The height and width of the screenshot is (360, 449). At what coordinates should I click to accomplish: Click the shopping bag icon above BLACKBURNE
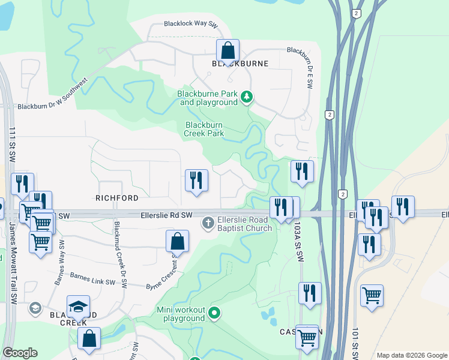click(228, 50)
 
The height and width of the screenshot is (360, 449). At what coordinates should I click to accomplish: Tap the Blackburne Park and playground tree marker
click(246, 97)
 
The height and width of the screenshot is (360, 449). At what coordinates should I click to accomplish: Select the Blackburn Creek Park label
click(204, 129)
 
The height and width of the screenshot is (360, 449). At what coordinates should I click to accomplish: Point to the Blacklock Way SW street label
click(190, 25)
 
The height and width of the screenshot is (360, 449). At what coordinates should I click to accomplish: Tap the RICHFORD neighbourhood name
click(117, 197)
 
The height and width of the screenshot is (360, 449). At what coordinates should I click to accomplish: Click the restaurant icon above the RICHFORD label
click(196, 180)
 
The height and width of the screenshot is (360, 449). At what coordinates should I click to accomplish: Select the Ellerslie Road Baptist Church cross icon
click(208, 223)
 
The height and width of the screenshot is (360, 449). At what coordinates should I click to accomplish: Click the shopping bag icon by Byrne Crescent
click(178, 242)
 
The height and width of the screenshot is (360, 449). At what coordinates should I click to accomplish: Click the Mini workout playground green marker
click(214, 314)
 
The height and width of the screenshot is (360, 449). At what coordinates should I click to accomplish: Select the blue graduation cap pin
click(78, 307)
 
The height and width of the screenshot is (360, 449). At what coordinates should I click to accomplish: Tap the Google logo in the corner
click(20, 353)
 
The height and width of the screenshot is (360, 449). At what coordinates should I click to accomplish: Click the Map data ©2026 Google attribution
click(412, 355)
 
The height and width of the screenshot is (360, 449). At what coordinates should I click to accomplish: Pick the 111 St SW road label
click(11, 144)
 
